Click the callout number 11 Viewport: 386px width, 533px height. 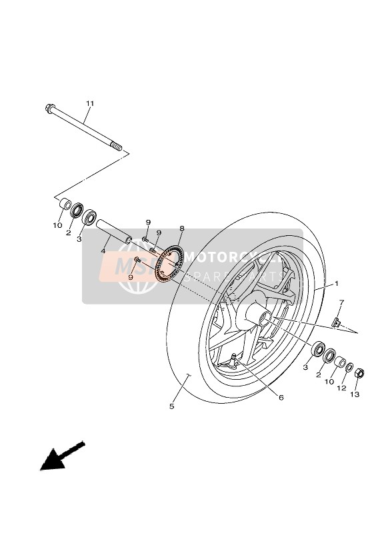90,104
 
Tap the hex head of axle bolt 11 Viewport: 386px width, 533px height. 50,108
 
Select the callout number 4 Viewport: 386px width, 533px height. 103,251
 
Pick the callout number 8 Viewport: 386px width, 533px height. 181,229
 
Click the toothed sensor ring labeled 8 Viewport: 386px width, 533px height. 169,261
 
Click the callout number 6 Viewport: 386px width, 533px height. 281,398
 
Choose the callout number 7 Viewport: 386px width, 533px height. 341,303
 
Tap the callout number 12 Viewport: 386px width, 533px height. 342,388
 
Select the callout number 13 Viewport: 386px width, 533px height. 355,394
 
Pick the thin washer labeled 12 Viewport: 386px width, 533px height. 349,367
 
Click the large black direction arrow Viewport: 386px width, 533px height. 59,456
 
